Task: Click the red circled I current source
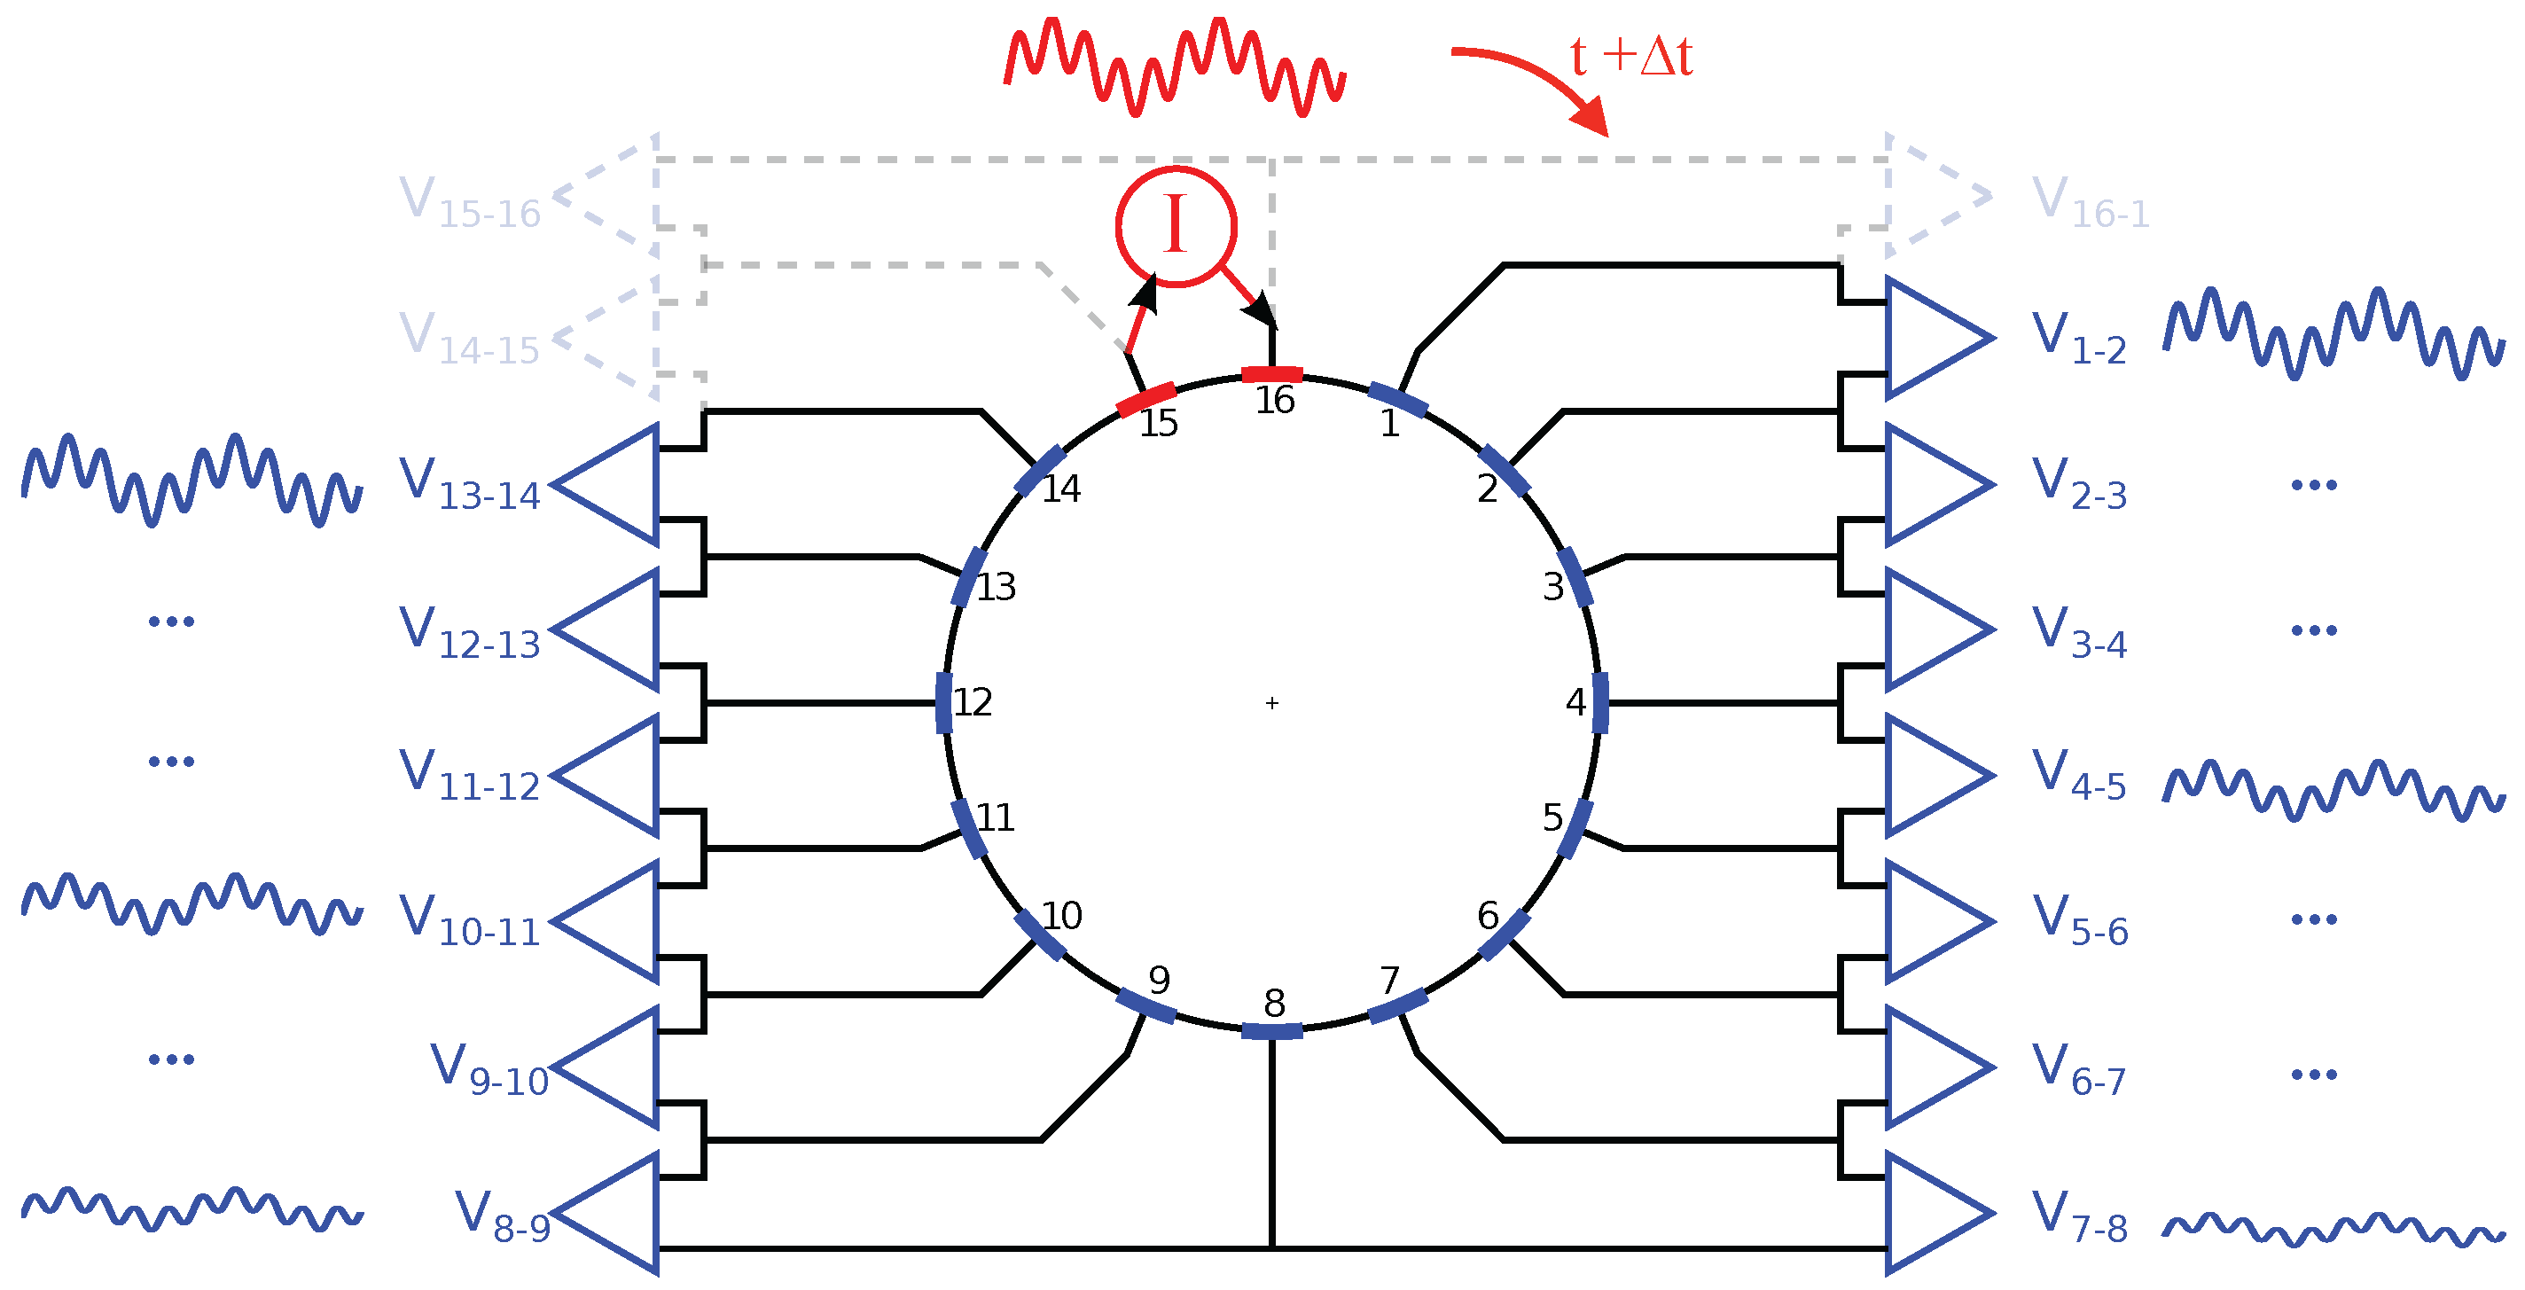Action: click(x=1176, y=226)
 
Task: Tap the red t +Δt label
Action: click(x=1631, y=57)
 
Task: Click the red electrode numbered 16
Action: click(x=1271, y=374)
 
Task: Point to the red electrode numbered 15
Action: click(x=1145, y=399)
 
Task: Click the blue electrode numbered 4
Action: click(x=1599, y=703)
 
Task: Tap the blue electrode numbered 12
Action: click(x=944, y=703)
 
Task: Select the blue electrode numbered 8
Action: click(x=1271, y=1030)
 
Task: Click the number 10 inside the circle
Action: click(x=1061, y=916)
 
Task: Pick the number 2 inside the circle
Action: click(x=1487, y=489)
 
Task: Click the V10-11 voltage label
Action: click(x=470, y=920)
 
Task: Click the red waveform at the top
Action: click(x=1174, y=66)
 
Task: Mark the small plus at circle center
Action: click(x=1272, y=703)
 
